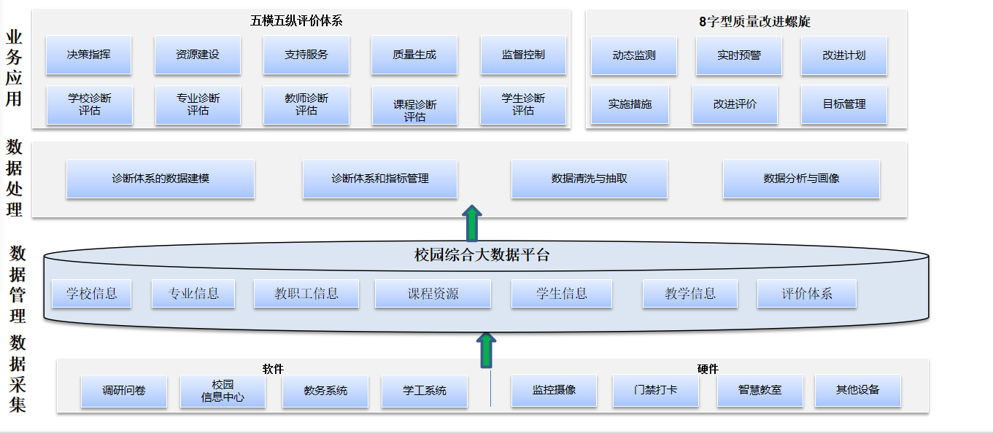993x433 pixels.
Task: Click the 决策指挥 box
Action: (x=88, y=55)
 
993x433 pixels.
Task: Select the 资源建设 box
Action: (x=197, y=55)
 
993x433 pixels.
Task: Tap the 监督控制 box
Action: (x=523, y=55)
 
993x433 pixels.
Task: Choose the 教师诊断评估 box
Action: (x=306, y=105)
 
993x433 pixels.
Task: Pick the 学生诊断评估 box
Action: (x=523, y=105)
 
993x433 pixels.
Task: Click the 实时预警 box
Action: (x=738, y=55)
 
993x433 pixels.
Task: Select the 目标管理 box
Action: (x=843, y=104)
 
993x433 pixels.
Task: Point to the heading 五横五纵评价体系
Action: (x=296, y=21)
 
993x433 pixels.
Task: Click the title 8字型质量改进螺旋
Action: (x=754, y=22)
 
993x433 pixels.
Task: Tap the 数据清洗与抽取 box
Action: (x=589, y=179)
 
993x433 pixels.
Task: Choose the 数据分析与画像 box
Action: (x=801, y=179)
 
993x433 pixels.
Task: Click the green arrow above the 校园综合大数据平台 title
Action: (x=473, y=222)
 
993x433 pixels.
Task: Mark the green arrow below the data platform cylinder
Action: (x=487, y=350)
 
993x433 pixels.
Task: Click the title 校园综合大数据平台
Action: (x=482, y=255)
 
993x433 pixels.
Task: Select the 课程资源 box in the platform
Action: (x=433, y=294)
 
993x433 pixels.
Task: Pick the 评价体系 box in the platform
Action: (x=806, y=294)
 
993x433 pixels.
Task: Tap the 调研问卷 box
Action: (x=123, y=391)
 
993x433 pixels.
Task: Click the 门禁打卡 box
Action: (x=655, y=390)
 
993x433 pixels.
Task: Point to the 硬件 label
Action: (x=707, y=369)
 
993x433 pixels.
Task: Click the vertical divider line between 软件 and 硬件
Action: (x=490, y=389)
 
